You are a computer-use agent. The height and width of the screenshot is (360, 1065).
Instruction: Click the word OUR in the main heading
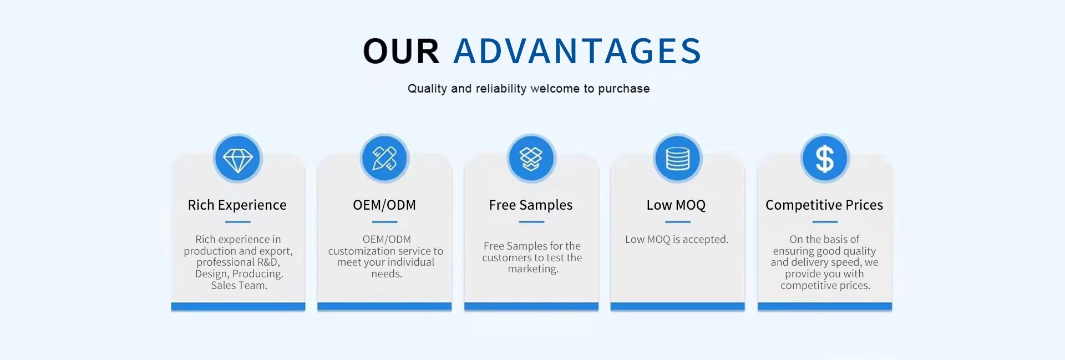401,51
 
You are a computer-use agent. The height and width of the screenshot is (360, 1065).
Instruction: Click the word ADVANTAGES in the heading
577,51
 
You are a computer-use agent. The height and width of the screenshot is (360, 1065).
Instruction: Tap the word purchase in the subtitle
623,89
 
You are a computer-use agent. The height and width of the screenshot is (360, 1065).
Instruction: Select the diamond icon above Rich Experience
238,159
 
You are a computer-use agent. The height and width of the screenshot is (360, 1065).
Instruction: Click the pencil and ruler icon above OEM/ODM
384,159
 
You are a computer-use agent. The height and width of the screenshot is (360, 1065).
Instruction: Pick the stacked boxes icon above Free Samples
531,159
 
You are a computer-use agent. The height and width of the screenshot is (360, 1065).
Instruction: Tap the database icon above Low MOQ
677,159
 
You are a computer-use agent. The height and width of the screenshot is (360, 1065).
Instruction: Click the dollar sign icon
825,159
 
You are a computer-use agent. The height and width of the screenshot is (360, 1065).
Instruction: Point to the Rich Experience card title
237,205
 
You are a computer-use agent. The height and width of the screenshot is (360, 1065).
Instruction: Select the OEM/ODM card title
384,205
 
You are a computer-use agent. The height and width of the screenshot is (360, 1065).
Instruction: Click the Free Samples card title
531,205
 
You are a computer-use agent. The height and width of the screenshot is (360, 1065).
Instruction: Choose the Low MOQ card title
676,205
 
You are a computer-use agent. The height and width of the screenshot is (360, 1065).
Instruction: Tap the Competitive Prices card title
824,205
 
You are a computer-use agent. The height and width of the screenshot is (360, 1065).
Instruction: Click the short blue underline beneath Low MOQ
677,222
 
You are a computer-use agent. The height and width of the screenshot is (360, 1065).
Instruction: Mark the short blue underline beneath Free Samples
531,222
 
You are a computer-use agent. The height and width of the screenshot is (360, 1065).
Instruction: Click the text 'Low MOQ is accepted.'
677,240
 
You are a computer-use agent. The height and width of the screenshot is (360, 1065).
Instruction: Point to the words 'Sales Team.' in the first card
239,286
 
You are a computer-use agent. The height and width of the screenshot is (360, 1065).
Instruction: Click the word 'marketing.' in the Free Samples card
533,269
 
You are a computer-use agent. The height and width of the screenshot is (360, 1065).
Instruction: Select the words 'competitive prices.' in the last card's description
825,286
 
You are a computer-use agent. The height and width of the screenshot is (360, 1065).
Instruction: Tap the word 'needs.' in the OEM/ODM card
387,274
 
